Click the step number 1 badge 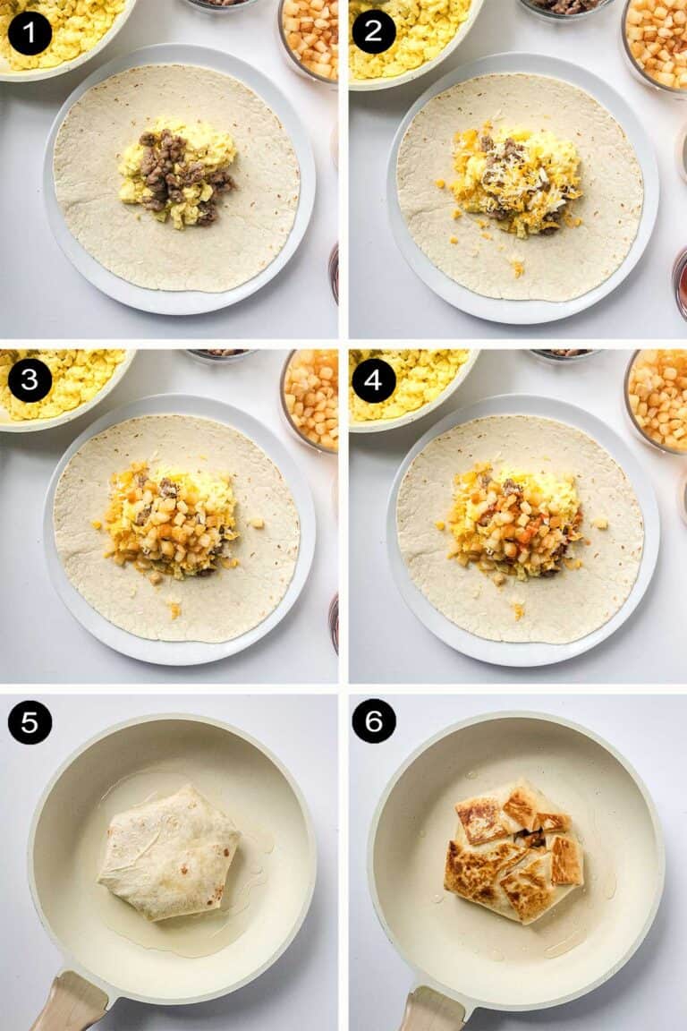click(x=30, y=33)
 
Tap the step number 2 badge click(x=374, y=33)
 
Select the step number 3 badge click(x=30, y=380)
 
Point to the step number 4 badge click(x=374, y=380)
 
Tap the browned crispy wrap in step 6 click(x=513, y=849)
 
